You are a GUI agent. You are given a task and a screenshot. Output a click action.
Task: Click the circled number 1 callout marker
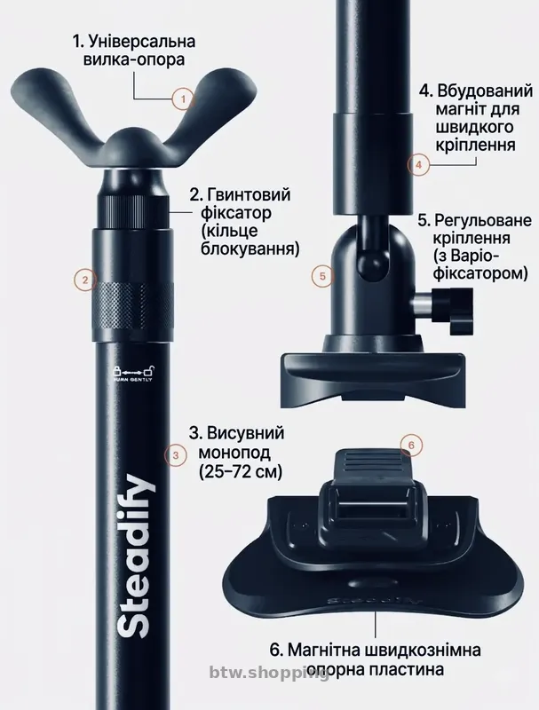pyautogui.click(x=183, y=99)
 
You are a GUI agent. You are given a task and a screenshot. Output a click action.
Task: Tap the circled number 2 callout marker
pyautogui.click(x=83, y=280)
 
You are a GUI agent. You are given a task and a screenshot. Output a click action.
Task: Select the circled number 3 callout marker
pyautogui.click(x=176, y=455)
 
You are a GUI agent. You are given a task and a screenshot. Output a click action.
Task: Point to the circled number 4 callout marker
pyautogui.click(x=418, y=163)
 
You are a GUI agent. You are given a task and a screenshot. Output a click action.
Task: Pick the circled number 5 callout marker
pyautogui.click(x=323, y=276)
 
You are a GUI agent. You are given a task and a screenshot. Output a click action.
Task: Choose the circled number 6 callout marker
pyautogui.click(x=409, y=443)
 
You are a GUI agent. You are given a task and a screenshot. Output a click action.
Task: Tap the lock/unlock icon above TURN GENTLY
pyautogui.click(x=133, y=369)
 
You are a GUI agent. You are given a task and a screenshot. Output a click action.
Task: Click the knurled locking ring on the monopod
pyautogui.click(x=133, y=304)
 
